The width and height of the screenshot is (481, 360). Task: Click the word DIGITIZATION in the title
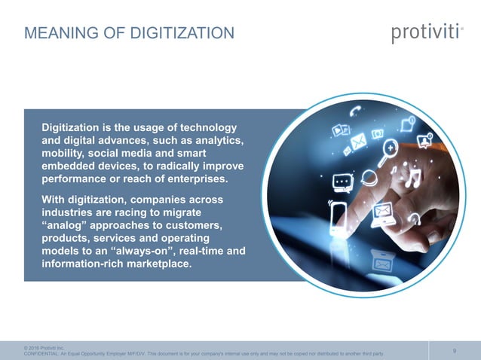click(x=182, y=33)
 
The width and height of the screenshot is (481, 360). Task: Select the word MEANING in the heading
click(x=57, y=33)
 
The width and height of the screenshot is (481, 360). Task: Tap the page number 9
click(x=454, y=349)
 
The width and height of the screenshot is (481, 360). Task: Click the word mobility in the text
click(x=63, y=155)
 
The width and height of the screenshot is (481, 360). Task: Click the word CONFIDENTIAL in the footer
click(x=44, y=353)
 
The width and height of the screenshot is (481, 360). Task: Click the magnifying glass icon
click(x=390, y=148)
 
